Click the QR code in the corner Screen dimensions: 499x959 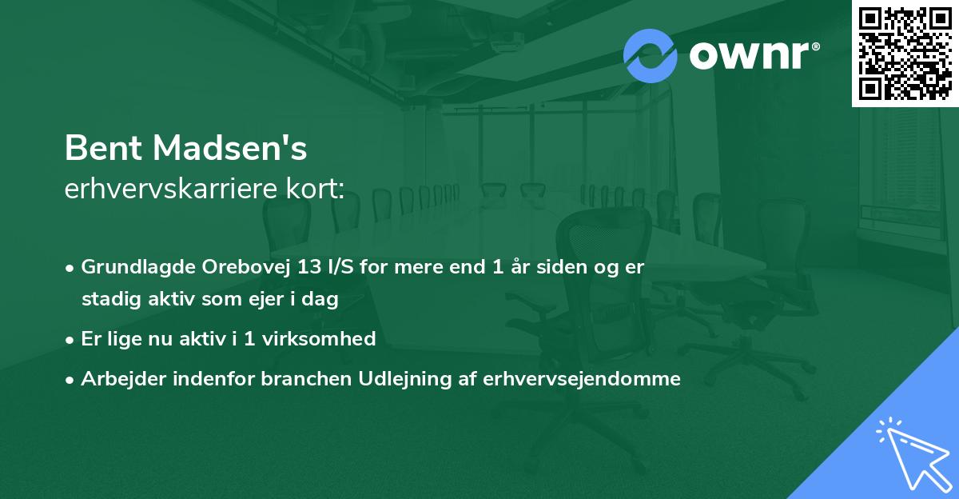(x=905, y=54)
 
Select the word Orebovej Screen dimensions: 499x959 (x=229, y=267)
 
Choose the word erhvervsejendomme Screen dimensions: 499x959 (x=582, y=379)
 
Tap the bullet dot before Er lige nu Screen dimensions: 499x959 (x=70, y=339)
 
